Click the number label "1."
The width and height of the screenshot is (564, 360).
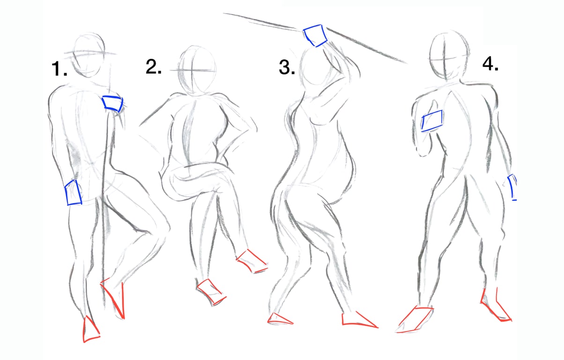pyautogui.click(x=59, y=68)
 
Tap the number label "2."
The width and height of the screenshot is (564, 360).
pyautogui.click(x=154, y=67)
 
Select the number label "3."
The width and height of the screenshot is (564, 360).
pyautogui.click(x=287, y=67)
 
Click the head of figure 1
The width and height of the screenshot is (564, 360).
pyautogui.click(x=88, y=55)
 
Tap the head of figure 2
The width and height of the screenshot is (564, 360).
pyautogui.click(x=197, y=70)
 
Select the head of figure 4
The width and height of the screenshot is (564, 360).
pyautogui.click(x=449, y=55)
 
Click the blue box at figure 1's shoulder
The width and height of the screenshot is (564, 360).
pyautogui.click(x=112, y=104)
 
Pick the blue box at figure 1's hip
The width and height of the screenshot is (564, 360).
pyautogui.click(x=73, y=193)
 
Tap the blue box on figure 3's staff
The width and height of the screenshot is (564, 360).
pyautogui.click(x=315, y=36)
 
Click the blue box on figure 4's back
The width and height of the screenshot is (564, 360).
pyautogui.click(x=432, y=121)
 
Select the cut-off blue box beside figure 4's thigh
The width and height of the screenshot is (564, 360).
pyautogui.click(x=512, y=187)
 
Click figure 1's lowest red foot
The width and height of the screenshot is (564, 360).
pyautogui.click(x=91, y=330)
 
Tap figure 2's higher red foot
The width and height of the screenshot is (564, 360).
pyautogui.click(x=252, y=262)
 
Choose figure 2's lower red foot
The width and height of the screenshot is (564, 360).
pyautogui.click(x=211, y=292)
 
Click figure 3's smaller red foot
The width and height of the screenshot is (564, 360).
pyautogui.click(x=280, y=319)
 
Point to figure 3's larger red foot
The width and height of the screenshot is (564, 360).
pyautogui.click(x=359, y=320)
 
